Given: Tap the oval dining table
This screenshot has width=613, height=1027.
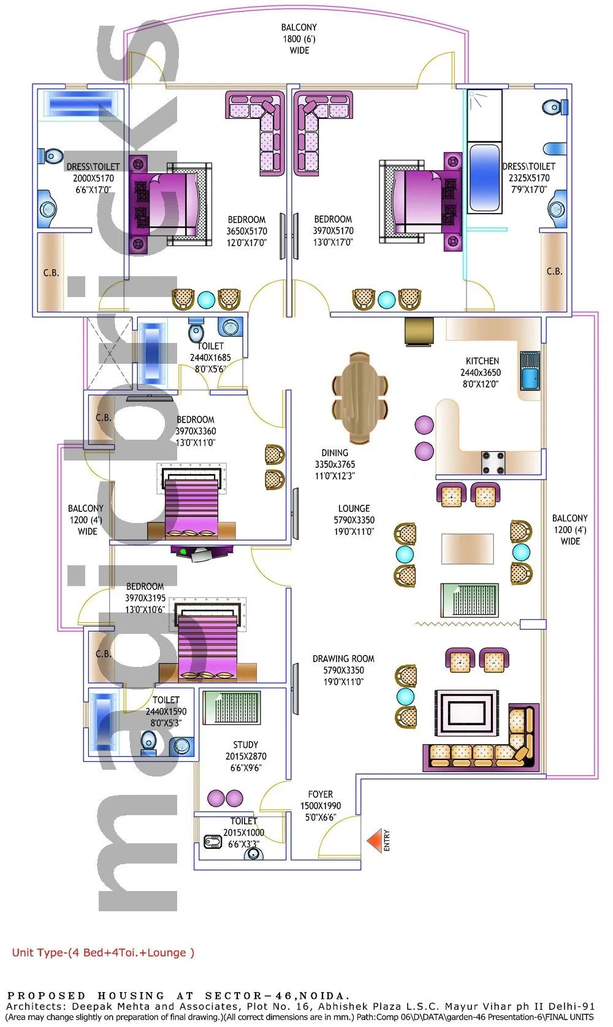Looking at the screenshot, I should [x=360, y=397].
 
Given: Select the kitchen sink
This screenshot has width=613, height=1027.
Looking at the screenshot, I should [x=530, y=371].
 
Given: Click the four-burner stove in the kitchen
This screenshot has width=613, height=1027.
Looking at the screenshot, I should [x=493, y=463].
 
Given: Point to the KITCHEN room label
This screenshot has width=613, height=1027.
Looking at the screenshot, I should [x=482, y=361].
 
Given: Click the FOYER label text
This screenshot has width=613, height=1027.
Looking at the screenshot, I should [x=321, y=794].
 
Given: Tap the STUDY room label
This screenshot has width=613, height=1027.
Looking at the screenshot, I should [x=245, y=745].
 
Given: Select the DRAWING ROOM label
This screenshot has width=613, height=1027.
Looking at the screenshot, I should [x=343, y=659].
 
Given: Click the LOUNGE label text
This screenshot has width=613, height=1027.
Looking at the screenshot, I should [x=354, y=508].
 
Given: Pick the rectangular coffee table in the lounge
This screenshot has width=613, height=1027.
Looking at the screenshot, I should [x=468, y=549].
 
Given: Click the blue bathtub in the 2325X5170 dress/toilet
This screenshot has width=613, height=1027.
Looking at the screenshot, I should [x=484, y=177].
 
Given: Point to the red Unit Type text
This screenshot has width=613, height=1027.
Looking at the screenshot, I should [x=103, y=952].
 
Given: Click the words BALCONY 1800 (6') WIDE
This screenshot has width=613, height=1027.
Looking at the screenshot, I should [x=299, y=39].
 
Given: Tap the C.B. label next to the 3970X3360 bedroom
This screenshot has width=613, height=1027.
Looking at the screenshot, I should [x=104, y=418].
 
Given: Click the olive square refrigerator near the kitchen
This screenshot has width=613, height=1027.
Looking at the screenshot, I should [x=419, y=331].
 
